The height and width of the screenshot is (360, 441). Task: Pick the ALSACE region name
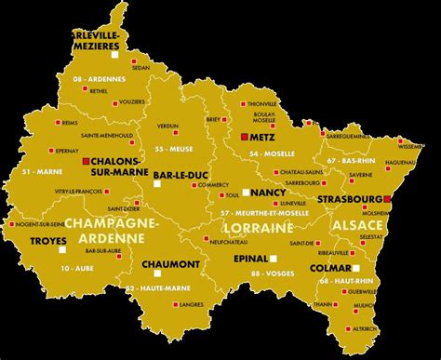click(x=356, y=226)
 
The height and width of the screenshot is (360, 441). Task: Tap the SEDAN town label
click(x=140, y=68)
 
